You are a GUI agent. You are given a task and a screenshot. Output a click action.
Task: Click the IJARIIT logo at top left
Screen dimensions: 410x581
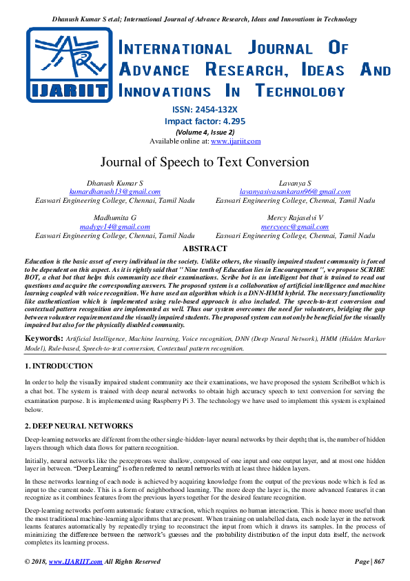tap(68, 66)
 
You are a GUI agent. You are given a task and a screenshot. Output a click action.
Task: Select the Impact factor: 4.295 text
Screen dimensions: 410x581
tap(205, 121)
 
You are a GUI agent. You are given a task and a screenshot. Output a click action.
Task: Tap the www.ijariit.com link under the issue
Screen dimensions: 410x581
tap(236, 141)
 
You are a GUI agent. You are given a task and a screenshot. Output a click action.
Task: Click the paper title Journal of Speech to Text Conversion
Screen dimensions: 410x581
tap(205, 163)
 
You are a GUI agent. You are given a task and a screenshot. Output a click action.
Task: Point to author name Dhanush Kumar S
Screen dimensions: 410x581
tap(114, 183)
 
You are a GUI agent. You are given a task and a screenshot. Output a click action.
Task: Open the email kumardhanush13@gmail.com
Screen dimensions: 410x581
tap(114, 192)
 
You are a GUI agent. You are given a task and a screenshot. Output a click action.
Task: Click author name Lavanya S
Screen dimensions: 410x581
tap(295, 183)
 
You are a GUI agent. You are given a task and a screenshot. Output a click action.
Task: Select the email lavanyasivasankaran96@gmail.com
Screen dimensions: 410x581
tap(295, 192)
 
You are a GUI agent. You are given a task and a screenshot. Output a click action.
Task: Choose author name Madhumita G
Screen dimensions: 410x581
tap(114, 217)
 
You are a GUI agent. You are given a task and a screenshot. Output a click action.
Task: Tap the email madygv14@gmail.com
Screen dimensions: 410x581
tap(114, 226)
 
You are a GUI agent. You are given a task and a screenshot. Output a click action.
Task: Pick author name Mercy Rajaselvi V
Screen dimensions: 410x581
tap(295, 217)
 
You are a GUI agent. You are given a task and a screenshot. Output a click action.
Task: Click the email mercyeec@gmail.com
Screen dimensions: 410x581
tap(295, 226)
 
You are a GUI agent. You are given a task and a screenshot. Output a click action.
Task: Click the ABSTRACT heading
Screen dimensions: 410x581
tap(205, 248)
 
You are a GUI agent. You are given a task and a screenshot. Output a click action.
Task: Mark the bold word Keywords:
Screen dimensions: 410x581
tap(44, 338)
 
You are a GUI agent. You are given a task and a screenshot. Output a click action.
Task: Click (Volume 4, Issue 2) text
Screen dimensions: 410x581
tap(205, 132)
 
